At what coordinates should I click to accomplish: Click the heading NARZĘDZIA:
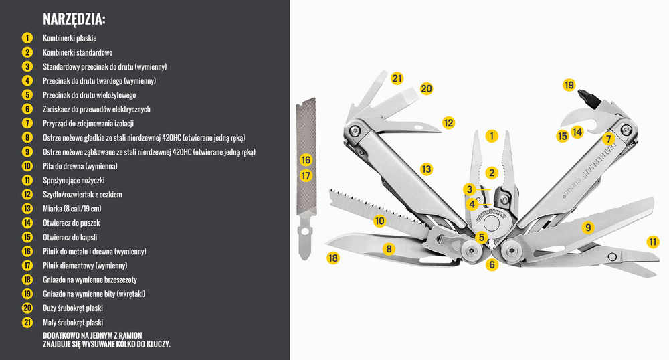click(74, 19)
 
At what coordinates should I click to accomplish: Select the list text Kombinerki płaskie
click(70, 38)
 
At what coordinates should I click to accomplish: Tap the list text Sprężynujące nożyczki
click(74, 180)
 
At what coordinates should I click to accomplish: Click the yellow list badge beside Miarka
click(27, 209)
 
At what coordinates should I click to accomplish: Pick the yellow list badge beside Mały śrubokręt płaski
click(27, 322)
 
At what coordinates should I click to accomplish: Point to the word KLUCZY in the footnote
click(158, 344)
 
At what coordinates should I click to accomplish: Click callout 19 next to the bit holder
click(569, 85)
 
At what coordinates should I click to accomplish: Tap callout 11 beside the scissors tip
click(652, 242)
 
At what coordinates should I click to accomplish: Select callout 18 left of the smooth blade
click(333, 258)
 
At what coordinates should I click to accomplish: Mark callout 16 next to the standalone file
click(306, 160)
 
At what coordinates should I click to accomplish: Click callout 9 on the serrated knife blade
click(588, 227)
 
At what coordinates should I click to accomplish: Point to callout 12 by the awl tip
click(448, 122)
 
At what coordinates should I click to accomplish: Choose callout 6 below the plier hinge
click(492, 264)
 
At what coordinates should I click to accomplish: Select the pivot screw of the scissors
click(611, 258)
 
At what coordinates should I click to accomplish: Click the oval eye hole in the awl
click(417, 125)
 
